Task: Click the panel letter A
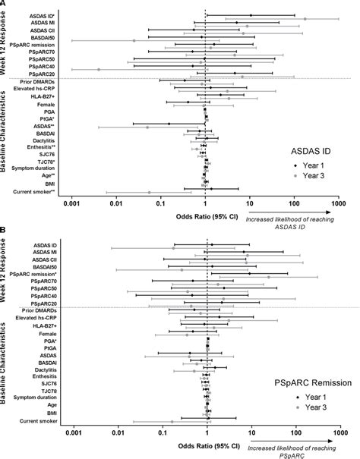(4, 5)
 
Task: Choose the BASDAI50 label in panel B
(43, 267)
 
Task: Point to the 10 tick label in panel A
(250, 203)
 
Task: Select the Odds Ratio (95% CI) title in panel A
(205, 215)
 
